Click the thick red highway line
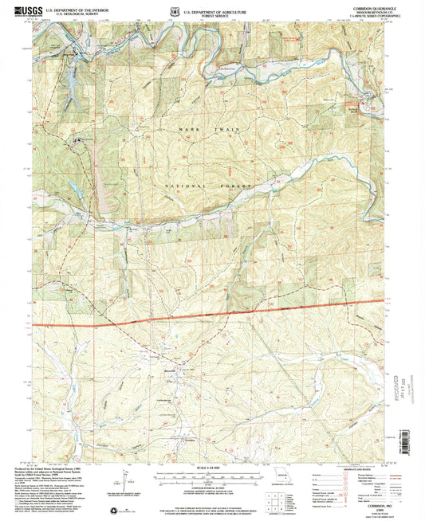click(215, 316)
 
